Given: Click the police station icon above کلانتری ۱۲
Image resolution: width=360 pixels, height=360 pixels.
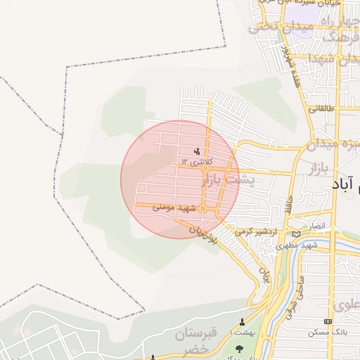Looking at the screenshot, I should coord(197,151).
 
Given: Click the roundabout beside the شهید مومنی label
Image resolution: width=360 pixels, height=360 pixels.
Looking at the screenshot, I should coord(202,209).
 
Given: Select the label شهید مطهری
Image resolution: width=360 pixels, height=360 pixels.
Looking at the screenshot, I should coord(297,245).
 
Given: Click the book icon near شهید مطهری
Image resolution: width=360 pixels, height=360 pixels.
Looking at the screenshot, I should coord(296,233).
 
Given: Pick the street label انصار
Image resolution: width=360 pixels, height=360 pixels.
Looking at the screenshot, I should coord(317,225).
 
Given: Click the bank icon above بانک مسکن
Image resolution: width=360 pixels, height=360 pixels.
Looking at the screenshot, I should coord(328,321).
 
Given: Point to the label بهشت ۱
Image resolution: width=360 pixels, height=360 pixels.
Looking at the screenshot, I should coord(243,331).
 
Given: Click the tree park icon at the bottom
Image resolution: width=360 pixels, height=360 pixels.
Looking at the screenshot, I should coord(238,348).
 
